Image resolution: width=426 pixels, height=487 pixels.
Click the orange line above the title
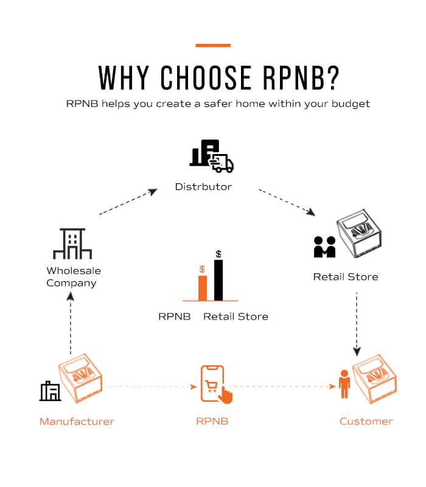(x=213, y=45)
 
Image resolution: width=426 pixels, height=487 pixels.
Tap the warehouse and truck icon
(x=211, y=156)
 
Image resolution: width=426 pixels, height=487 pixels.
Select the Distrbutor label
(x=203, y=186)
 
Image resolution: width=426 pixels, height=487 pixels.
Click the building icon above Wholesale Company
(x=72, y=244)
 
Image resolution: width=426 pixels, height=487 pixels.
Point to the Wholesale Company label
(x=73, y=276)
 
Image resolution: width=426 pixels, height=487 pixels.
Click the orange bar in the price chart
(x=203, y=288)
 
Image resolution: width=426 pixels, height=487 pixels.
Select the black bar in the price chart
(x=218, y=280)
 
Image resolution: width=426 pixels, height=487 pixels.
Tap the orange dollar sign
(x=202, y=269)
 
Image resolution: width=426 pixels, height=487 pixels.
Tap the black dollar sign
(x=218, y=254)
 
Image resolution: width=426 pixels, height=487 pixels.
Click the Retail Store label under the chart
(x=236, y=317)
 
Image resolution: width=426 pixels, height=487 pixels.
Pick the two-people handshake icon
(x=324, y=247)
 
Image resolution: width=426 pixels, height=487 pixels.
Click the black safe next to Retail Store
(x=360, y=234)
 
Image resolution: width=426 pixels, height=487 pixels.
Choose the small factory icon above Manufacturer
(x=50, y=391)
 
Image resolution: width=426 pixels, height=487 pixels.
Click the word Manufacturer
(x=77, y=421)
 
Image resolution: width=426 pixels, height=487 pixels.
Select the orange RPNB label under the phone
(x=212, y=421)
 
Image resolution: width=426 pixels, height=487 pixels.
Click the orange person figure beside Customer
(x=344, y=384)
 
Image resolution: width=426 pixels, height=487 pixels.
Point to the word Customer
(x=366, y=421)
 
